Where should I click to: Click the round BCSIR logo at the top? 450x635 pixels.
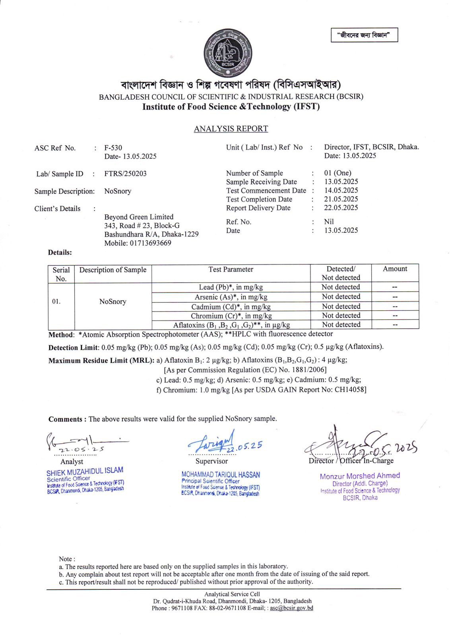point(228,53)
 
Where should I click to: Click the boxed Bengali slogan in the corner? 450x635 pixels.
point(364,35)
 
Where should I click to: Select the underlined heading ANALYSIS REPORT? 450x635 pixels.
point(231,129)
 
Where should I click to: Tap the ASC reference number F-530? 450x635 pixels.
point(113,148)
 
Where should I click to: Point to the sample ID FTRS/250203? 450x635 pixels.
point(125,174)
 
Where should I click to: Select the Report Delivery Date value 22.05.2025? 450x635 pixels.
point(341,208)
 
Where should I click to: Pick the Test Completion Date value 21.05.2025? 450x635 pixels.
point(341,199)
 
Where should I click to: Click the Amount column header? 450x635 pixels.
point(395,269)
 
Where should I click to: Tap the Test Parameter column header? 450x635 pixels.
point(231,269)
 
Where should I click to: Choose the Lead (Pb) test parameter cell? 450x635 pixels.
point(231,287)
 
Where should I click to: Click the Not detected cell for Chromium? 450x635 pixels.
point(341,316)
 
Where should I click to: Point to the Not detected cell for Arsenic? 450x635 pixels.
point(341,296)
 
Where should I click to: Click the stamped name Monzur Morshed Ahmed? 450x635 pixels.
point(360,476)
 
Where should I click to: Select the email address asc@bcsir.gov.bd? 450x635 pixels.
point(291,608)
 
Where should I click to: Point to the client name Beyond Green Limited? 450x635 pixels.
point(139,217)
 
